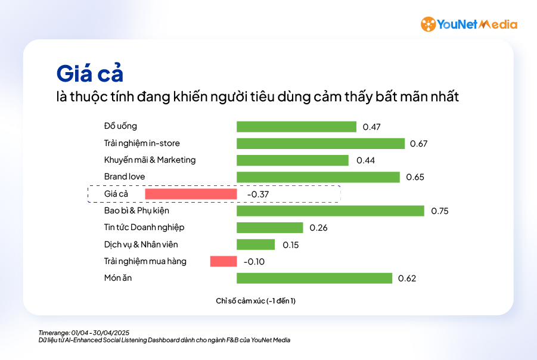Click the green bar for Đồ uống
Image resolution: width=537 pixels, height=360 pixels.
[x=296, y=126]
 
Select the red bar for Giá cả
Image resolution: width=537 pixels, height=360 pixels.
[x=191, y=194]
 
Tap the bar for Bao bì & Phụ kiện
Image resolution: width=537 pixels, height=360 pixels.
[x=330, y=211]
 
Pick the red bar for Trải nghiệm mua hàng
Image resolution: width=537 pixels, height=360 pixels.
[x=224, y=261]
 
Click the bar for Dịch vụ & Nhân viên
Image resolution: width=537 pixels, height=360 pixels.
[x=256, y=244]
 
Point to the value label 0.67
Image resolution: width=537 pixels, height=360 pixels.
[x=419, y=144]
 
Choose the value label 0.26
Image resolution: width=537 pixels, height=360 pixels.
[x=318, y=228]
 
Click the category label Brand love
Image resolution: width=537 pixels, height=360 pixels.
[x=125, y=176]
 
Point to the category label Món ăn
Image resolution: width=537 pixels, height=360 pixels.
[x=118, y=278]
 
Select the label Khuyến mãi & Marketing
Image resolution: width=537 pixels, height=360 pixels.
[x=150, y=160]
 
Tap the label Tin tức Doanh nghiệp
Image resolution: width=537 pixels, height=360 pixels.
[x=144, y=227]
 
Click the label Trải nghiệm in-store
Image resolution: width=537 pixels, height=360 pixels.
[x=142, y=143]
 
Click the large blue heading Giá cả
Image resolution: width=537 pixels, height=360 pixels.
[x=89, y=73]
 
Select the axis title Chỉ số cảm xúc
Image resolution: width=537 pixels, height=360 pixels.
[x=256, y=301]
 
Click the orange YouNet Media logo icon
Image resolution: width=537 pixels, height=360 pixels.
[x=428, y=24]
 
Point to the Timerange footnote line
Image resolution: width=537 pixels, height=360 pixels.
[x=84, y=332]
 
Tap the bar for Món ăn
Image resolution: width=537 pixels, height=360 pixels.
[x=314, y=278]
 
